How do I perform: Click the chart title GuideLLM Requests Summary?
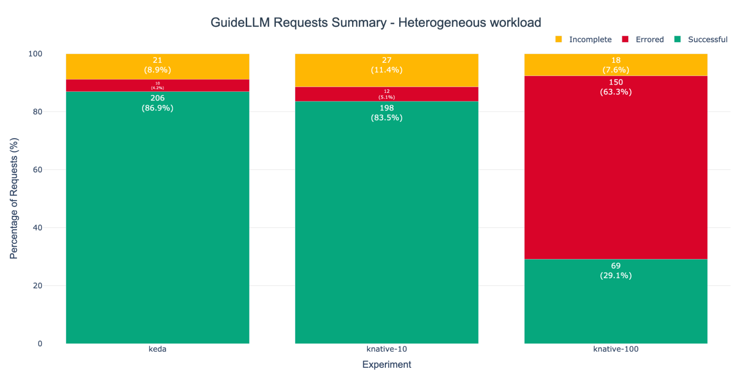(375, 23)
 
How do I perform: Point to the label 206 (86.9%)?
(157, 103)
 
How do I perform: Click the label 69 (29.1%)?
(616, 271)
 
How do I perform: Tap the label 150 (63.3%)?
(616, 87)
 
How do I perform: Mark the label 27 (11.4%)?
(386, 65)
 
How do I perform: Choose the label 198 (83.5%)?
(386, 113)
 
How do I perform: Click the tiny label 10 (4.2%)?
(157, 86)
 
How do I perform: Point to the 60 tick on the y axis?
(37, 170)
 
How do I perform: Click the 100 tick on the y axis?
(35, 54)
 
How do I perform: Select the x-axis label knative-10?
(386, 349)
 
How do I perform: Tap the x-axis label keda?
(157, 349)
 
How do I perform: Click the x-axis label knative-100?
(616, 349)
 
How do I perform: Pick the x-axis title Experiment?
(386, 364)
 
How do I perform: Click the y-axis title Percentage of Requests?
(14, 198)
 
